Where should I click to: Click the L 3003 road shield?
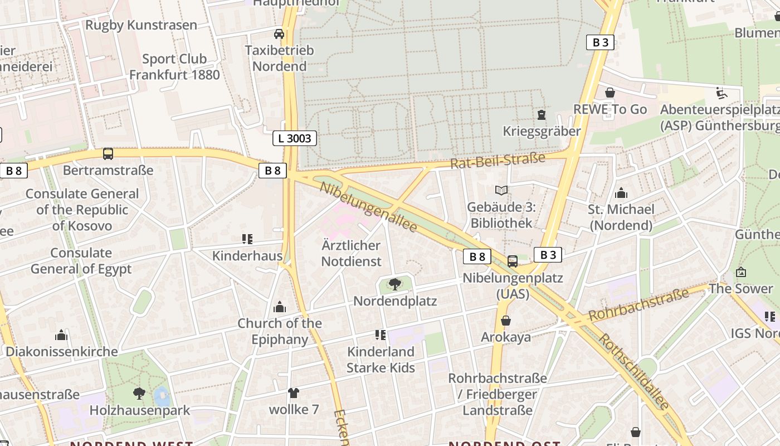[x=294, y=138]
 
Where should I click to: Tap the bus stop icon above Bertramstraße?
[x=108, y=154]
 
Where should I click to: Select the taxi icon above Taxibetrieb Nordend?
[x=279, y=34]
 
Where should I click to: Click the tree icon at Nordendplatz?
[x=395, y=284]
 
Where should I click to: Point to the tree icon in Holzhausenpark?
[x=139, y=394]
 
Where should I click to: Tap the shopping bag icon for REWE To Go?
[x=610, y=93]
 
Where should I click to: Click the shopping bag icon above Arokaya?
[x=506, y=321]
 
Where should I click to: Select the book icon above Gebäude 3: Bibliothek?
[x=501, y=191]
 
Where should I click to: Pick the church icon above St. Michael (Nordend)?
[x=621, y=193]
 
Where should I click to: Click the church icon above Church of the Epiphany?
[x=280, y=307]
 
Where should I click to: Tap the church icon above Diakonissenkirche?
[x=61, y=335]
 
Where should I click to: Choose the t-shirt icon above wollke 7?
[x=294, y=393]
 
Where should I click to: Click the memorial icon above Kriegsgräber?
[x=541, y=115]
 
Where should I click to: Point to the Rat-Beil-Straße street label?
[x=498, y=161]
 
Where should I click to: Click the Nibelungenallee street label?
[x=368, y=207]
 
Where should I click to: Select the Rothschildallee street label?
[x=633, y=372]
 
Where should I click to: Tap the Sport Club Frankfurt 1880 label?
[x=174, y=66]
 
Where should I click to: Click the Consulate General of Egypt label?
[x=81, y=261]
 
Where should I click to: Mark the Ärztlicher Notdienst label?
[x=351, y=253]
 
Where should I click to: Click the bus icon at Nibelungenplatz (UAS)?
[x=513, y=261]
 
